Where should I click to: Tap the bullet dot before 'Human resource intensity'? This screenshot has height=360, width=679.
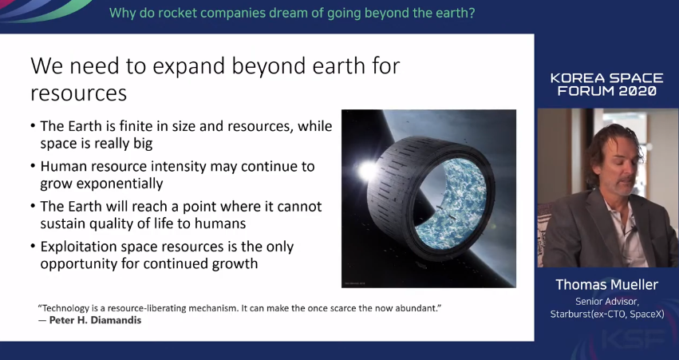point(33,166)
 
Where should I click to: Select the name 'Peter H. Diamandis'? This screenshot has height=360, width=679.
point(95,320)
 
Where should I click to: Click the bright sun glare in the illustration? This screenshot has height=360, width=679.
point(366,170)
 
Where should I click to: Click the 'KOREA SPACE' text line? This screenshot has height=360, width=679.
point(606,78)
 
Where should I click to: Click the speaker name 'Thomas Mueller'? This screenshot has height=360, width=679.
point(606,285)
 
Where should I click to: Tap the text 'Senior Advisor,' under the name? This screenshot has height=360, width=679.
point(607,302)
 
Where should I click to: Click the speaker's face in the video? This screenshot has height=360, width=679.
point(618,169)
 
